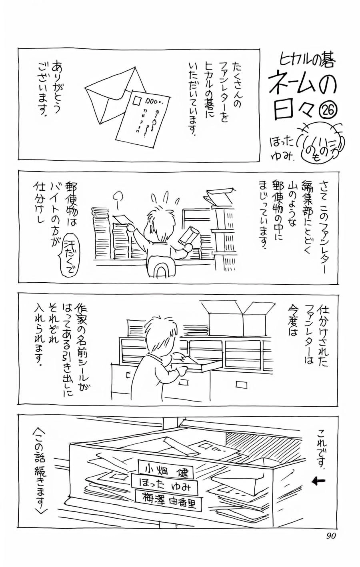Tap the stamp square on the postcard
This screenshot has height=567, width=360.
137,100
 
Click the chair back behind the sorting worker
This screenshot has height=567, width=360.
161,268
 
